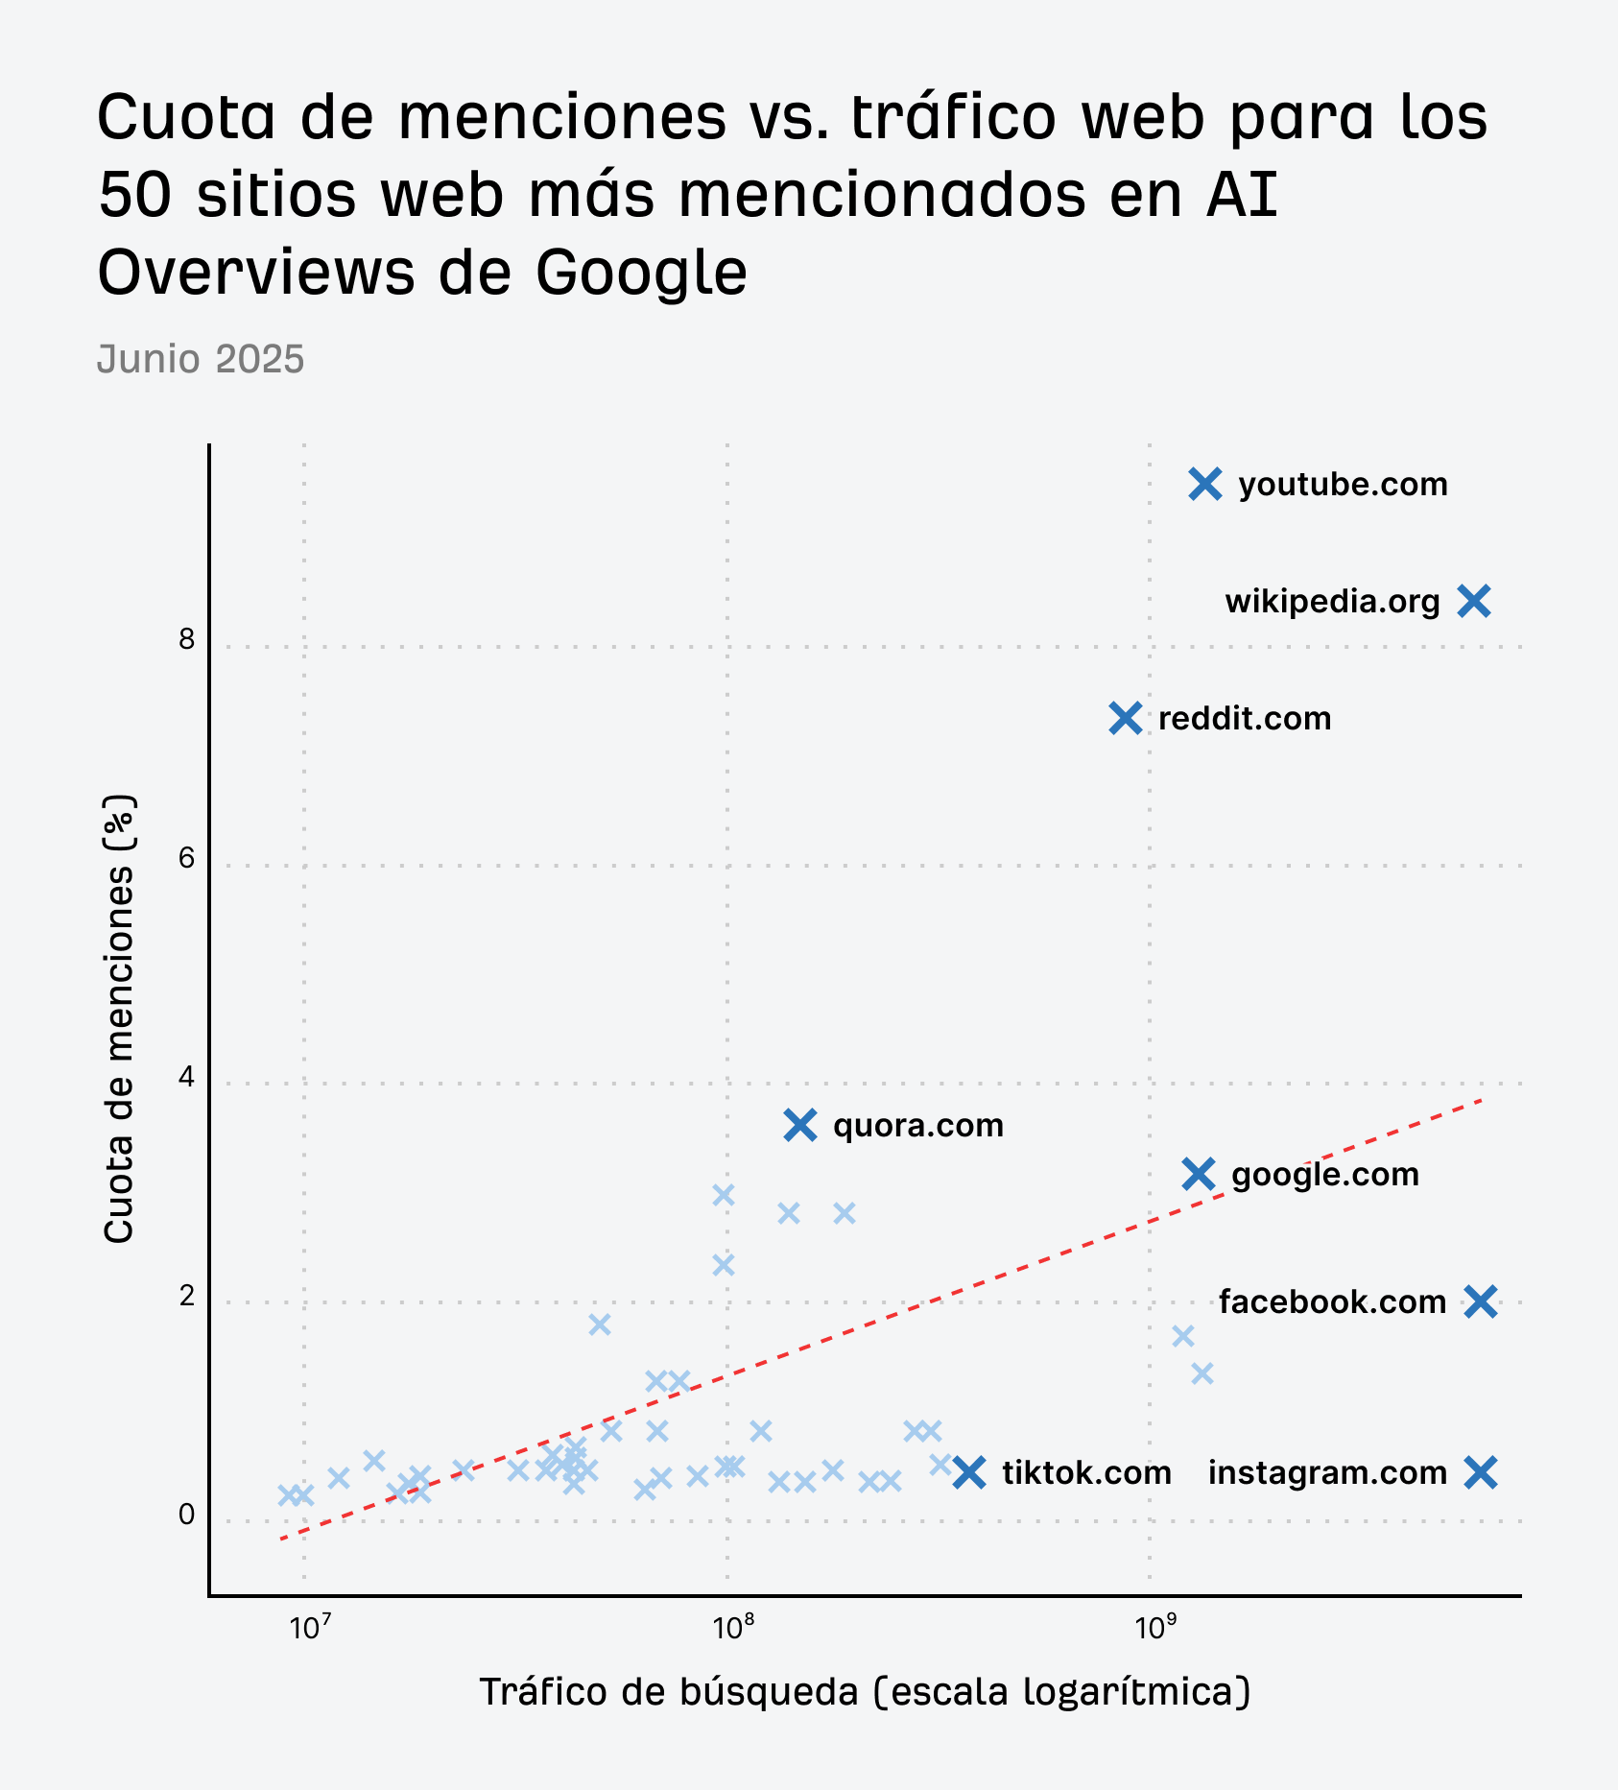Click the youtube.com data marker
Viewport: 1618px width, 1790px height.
click(1205, 485)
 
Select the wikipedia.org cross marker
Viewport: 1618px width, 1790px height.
click(1474, 602)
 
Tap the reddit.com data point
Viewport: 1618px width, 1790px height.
click(1126, 718)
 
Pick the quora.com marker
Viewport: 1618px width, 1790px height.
click(800, 1125)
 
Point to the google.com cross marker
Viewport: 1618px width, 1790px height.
click(1199, 1174)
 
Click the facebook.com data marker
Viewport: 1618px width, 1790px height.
click(1482, 1302)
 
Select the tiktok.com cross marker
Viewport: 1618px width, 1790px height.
click(970, 1472)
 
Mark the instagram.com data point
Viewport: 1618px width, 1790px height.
click(1482, 1472)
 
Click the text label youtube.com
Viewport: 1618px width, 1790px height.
click(1343, 485)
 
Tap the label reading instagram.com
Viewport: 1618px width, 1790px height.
click(1326, 1472)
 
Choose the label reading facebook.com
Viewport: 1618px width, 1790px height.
click(1332, 1302)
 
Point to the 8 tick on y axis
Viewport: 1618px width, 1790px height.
click(186, 640)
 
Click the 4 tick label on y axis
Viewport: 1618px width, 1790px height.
click(186, 1078)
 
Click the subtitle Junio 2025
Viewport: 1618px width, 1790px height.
click(201, 360)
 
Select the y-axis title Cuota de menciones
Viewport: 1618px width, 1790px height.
click(119, 1019)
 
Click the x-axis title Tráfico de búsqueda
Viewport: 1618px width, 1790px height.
click(865, 1691)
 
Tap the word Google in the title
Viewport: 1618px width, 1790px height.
click(641, 272)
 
